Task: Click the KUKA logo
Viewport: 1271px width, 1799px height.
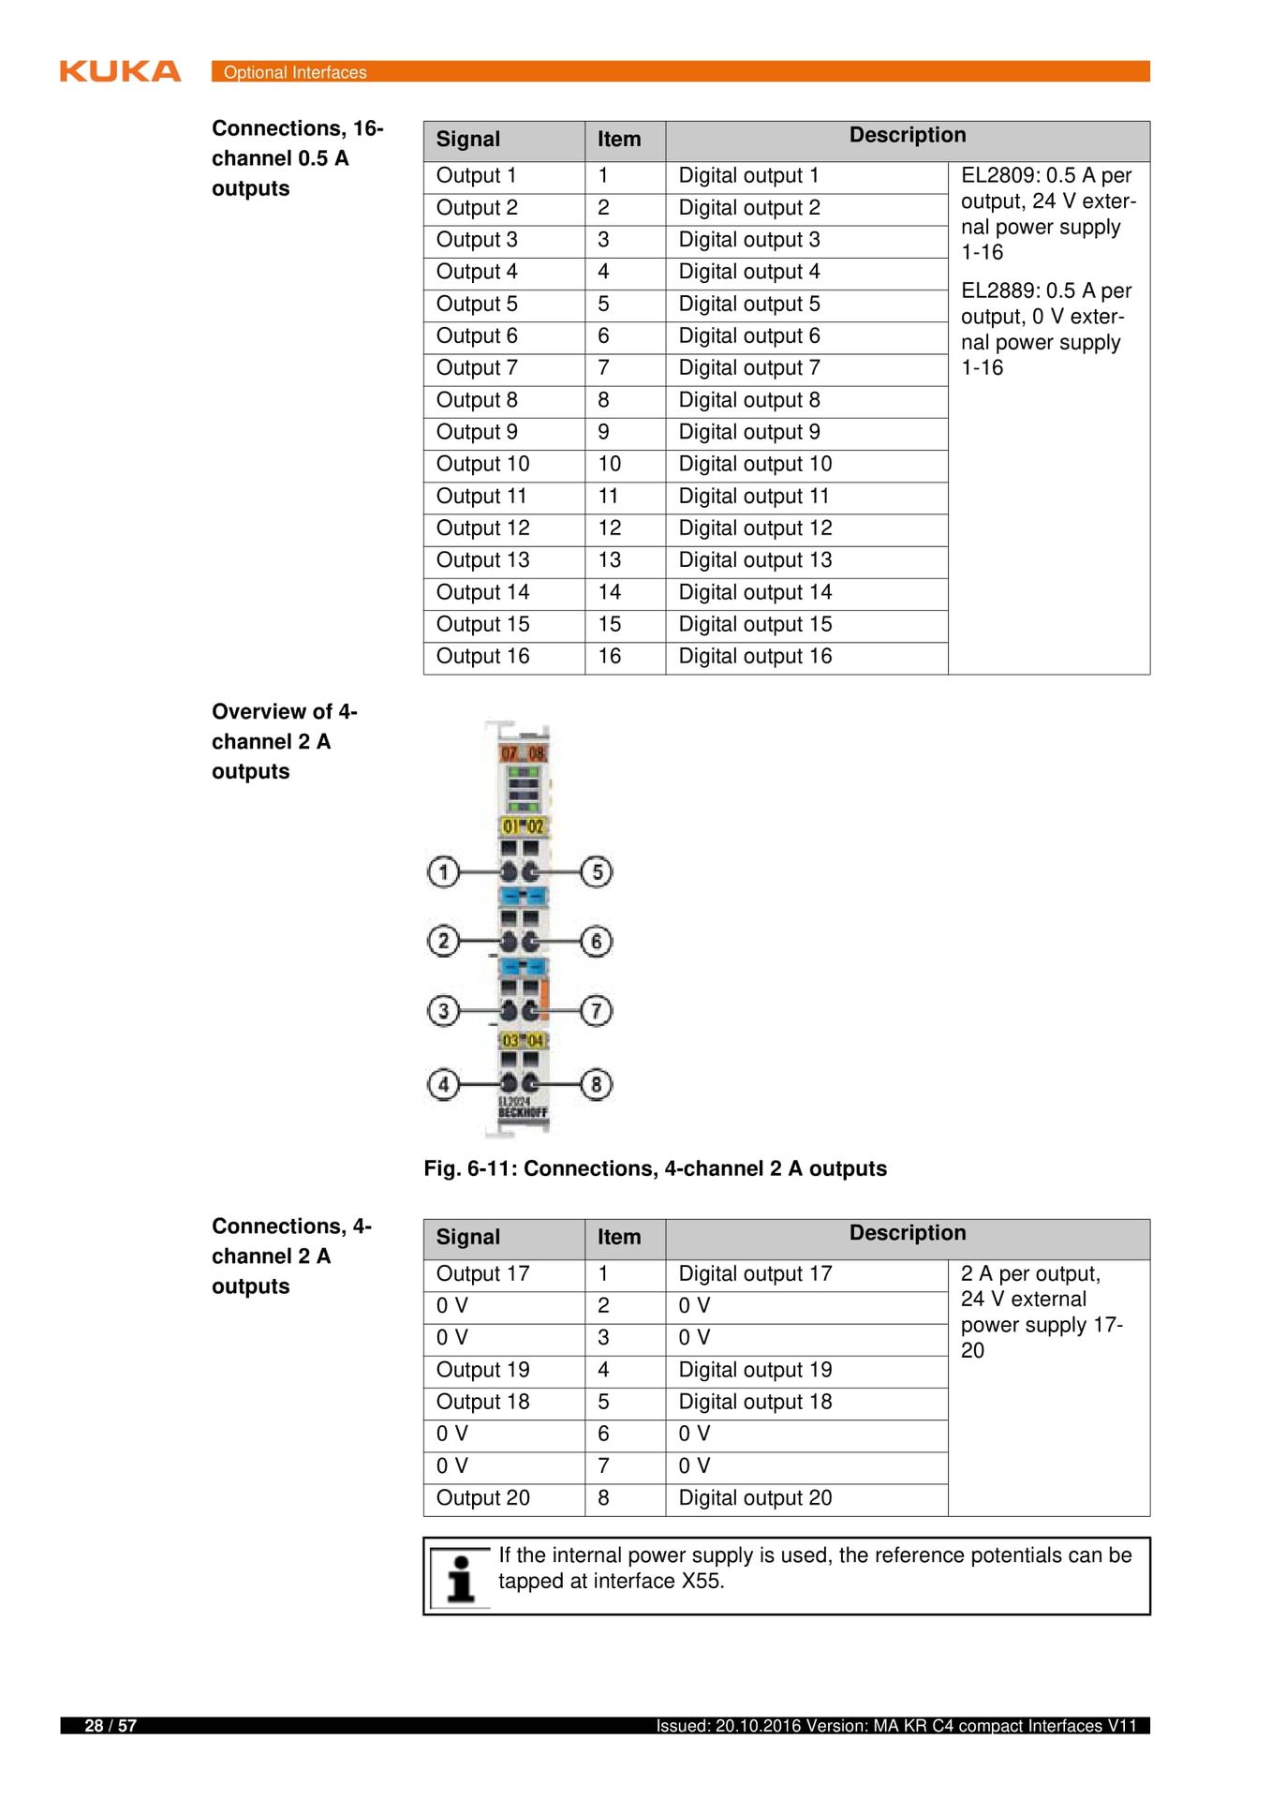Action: click(120, 71)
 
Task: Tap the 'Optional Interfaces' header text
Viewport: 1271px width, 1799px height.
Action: click(295, 72)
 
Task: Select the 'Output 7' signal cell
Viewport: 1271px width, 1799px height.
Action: click(477, 368)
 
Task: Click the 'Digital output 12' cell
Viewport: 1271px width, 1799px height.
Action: click(755, 528)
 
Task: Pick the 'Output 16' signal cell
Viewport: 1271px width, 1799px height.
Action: click(482, 657)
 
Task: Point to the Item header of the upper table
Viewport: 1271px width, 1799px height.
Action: click(619, 140)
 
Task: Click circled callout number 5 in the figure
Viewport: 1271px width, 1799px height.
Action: click(597, 872)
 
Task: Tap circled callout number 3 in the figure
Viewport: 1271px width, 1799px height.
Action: click(443, 1011)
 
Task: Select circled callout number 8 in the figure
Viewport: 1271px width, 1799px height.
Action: click(597, 1085)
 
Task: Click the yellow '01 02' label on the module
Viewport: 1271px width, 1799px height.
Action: click(523, 826)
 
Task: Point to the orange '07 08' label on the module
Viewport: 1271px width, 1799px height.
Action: click(523, 753)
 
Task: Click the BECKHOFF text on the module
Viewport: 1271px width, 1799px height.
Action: click(523, 1113)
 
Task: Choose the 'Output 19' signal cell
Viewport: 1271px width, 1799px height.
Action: click(482, 1370)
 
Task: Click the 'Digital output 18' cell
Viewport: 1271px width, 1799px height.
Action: click(755, 1402)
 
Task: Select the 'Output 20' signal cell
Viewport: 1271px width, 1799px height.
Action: click(482, 1498)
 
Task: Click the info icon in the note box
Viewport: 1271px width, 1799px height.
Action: click(460, 1578)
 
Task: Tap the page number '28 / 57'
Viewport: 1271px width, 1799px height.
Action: click(111, 1726)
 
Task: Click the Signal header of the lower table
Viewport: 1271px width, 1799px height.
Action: click(468, 1238)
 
